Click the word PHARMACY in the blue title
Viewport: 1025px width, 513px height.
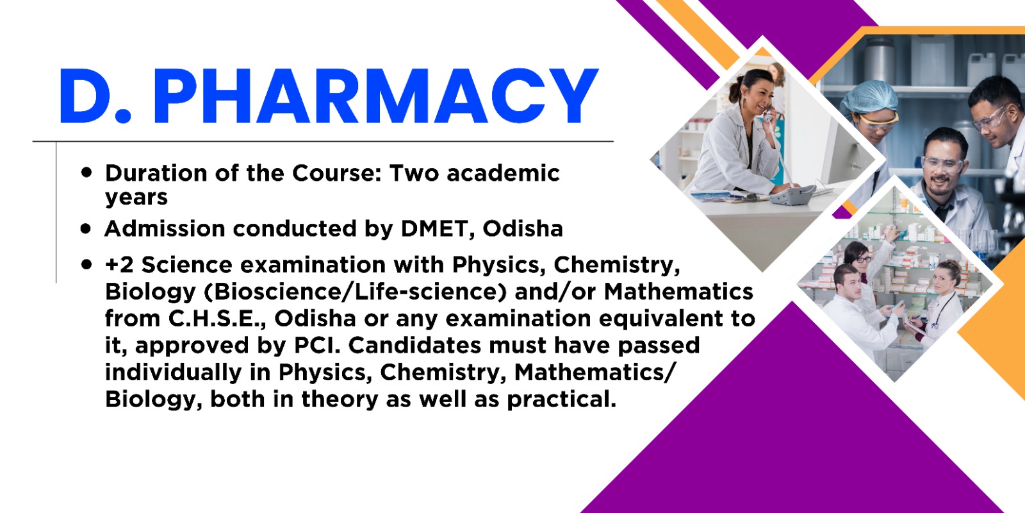[x=375, y=96]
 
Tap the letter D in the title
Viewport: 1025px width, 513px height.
[x=87, y=96]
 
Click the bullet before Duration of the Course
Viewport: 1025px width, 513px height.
[x=86, y=172]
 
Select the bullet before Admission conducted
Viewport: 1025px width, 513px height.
[x=86, y=228]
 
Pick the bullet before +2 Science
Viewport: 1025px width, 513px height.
[x=86, y=264]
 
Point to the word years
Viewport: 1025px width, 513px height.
[x=136, y=198]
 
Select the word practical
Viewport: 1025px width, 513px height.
[x=561, y=399]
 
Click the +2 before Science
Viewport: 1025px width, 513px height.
[x=119, y=265]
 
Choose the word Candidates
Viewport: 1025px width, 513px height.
[x=414, y=346]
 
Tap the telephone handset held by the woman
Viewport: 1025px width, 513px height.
[x=768, y=115]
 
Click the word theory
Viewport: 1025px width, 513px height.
[x=340, y=399]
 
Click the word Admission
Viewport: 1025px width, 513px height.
[x=165, y=229]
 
